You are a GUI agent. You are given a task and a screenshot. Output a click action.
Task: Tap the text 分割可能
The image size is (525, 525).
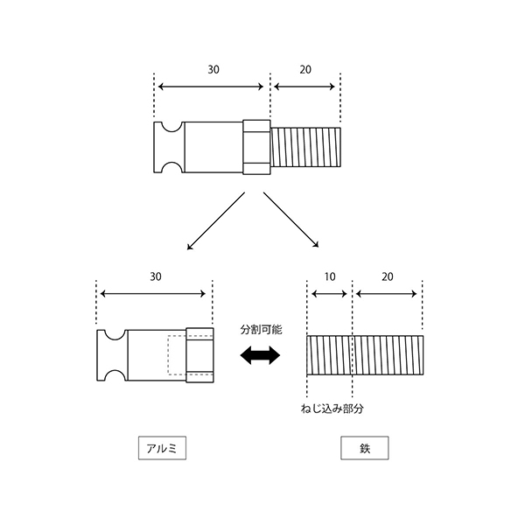pos(261,330)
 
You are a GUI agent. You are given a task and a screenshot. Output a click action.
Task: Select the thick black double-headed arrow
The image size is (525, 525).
pos(260,355)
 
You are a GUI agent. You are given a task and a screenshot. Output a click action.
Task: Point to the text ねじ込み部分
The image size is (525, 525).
pos(332,409)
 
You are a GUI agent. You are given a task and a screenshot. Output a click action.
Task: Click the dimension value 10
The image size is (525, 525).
pos(330,276)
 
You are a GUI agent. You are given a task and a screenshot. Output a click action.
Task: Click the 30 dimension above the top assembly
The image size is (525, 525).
pos(213,70)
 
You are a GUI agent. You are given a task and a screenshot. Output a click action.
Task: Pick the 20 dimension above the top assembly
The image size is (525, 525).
pos(305,70)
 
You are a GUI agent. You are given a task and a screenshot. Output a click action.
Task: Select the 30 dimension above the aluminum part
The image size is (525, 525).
pos(156,276)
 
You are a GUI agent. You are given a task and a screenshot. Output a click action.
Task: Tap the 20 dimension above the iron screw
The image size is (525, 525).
pos(387,276)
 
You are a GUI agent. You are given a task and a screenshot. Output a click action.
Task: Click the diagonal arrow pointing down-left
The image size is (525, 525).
pos(216,221)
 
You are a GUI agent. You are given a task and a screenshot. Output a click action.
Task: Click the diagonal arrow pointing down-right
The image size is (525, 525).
pos(291,220)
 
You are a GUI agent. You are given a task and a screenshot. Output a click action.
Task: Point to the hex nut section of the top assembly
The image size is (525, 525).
pos(256,147)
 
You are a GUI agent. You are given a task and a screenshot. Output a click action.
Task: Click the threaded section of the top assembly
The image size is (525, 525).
pos(305,147)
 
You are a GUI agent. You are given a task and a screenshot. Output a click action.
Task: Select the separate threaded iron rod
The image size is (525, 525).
pos(365,355)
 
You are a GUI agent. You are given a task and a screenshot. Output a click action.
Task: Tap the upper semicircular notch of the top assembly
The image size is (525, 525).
pos(171,131)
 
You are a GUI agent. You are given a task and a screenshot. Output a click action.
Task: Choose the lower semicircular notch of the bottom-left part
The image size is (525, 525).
pos(115,371)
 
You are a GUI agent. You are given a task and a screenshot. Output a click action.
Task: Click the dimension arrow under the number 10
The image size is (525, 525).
pos(330,294)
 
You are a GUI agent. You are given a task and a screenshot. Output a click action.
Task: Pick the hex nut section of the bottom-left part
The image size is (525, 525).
pos(199,355)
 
